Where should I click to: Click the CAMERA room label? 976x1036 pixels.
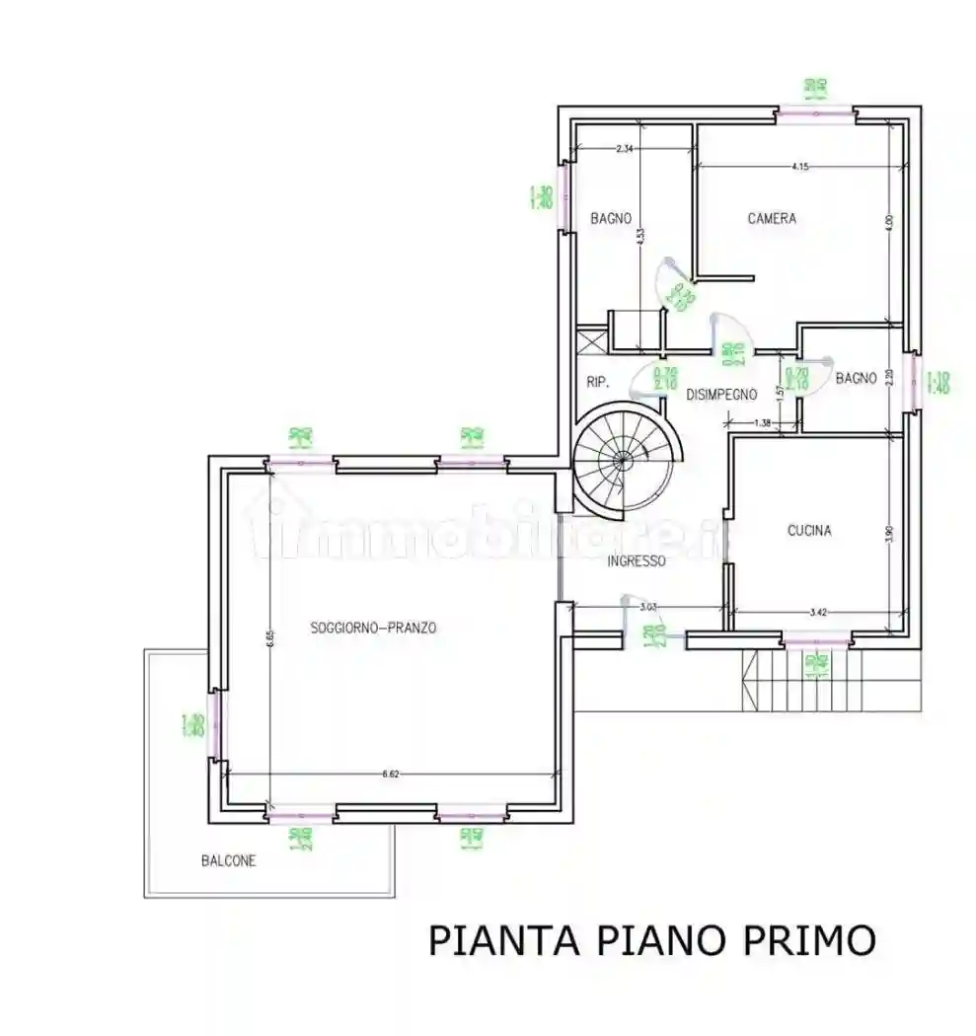[x=771, y=219]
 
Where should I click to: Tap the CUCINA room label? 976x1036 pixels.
[x=808, y=531]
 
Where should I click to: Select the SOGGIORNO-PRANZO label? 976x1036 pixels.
[x=373, y=628]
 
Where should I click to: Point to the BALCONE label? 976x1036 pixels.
[x=229, y=860]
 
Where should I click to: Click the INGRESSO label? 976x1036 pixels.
[x=636, y=560]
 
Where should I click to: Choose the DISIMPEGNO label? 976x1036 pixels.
[x=721, y=395]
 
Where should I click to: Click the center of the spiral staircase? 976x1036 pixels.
[x=622, y=460]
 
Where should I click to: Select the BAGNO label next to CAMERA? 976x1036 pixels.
[x=611, y=219]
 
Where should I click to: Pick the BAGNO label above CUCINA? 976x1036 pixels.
[x=856, y=377]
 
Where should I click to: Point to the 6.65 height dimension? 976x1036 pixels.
[x=267, y=639]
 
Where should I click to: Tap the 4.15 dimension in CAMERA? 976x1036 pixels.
[x=799, y=167]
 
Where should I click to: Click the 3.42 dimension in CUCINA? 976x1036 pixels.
[x=817, y=613]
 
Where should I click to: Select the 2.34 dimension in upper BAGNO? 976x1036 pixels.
[x=624, y=149]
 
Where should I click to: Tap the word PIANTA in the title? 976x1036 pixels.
[x=502, y=940]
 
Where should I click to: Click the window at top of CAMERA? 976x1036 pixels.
[x=814, y=114]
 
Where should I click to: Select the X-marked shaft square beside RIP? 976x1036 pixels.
[x=590, y=341]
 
